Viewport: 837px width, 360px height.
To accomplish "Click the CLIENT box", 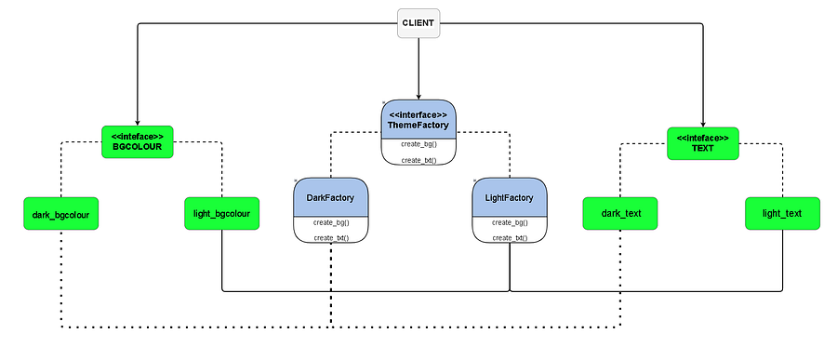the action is click(x=418, y=23).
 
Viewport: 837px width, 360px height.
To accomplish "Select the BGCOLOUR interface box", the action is click(x=138, y=141).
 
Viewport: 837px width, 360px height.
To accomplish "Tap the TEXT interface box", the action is click(x=703, y=143).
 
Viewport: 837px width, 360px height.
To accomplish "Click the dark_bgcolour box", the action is click(x=60, y=214).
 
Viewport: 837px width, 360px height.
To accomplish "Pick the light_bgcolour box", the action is click(x=221, y=214).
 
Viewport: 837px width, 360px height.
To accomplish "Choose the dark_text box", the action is click(x=619, y=214).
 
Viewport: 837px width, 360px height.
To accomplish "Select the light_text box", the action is click(x=782, y=214).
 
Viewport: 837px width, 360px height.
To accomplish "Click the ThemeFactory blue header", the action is click(x=419, y=119).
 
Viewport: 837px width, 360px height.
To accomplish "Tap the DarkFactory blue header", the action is click(x=331, y=197).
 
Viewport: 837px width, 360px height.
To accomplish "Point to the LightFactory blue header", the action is click(x=510, y=197).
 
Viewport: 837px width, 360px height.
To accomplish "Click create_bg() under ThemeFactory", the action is click(x=419, y=144).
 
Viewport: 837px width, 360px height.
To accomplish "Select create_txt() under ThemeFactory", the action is click(x=419, y=160).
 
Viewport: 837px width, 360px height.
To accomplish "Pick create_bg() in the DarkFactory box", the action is click(x=331, y=222).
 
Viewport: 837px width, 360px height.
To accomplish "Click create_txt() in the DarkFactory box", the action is click(x=331, y=238).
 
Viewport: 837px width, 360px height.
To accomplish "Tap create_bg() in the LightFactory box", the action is click(x=510, y=222).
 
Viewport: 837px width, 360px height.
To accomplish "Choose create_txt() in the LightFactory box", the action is click(x=510, y=238).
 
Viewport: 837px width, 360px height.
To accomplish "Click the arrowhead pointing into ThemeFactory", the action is click(x=418, y=96).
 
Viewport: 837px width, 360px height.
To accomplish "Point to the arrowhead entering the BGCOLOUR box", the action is click(x=138, y=122).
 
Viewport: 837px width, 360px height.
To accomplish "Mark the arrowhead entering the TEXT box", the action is click(x=703, y=124).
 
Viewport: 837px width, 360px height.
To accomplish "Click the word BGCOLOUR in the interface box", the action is click(x=138, y=146).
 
